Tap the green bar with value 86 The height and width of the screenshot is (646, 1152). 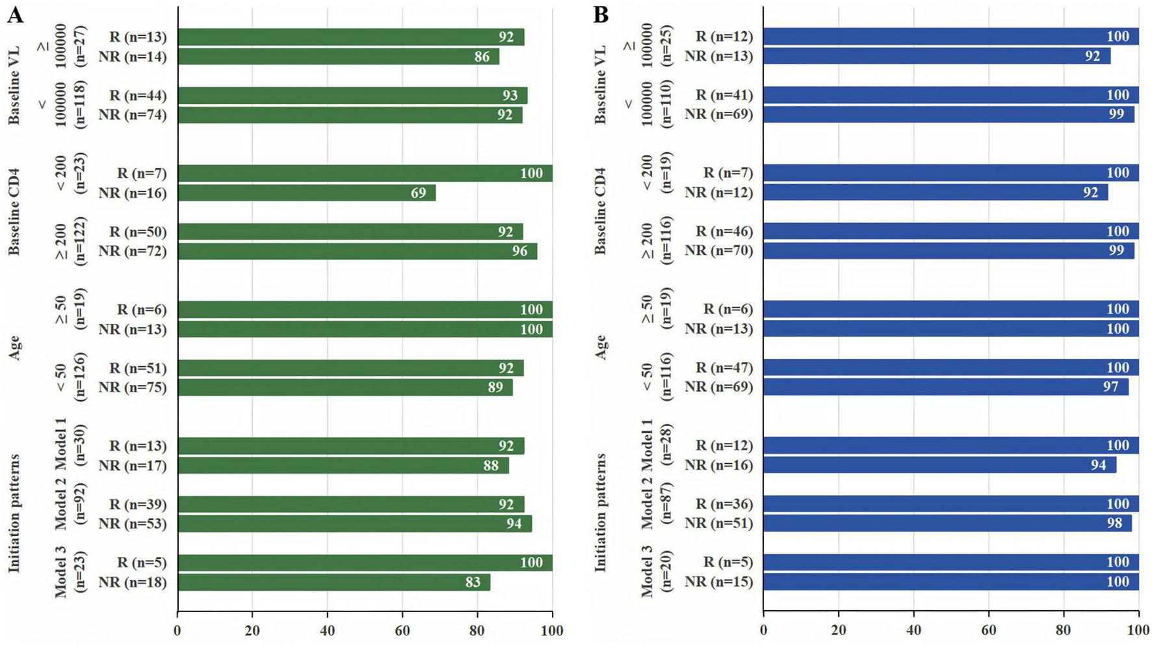pyautogui.click(x=338, y=57)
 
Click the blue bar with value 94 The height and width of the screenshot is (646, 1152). pyautogui.click(x=939, y=465)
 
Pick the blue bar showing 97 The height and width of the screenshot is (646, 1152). pyautogui.click(x=945, y=387)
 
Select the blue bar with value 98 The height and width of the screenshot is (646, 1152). pyautogui.click(x=947, y=524)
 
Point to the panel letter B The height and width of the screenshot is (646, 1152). pyautogui.click(x=601, y=15)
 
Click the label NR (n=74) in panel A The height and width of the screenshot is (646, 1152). pyautogui.click(x=133, y=115)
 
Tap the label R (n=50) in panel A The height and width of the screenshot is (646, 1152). pyautogui.click(x=138, y=232)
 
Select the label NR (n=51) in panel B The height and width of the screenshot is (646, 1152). pyautogui.click(x=718, y=523)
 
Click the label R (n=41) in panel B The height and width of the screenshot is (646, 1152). pyautogui.click(x=724, y=95)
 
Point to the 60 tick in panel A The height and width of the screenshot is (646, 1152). pyautogui.click(x=402, y=630)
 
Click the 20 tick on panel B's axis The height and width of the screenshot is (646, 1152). pyautogui.click(x=838, y=630)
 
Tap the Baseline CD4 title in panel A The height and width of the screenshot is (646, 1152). pyautogui.click(x=14, y=212)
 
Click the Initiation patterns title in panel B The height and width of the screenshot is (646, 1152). pyautogui.click(x=601, y=513)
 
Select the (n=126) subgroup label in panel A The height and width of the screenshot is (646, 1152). pyautogui.click(x=81, y=378)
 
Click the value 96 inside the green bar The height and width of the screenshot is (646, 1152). pyautogui.click(x=519, y=251)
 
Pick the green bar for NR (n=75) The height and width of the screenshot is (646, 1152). pyautogui.click(x=345, y=388)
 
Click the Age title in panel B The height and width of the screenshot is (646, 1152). pyautogui.click(x=601, y=348)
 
